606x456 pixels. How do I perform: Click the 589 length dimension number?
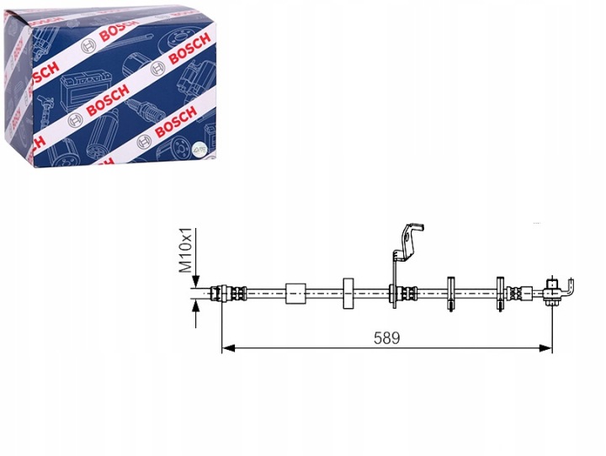tap(386, 338)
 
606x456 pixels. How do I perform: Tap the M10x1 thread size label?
tap(185, 250)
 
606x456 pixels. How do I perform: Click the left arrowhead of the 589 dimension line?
tap(228, 348)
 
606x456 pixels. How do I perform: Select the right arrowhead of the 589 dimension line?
tap(545, 348)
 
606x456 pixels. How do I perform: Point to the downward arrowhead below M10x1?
tap(196, 280)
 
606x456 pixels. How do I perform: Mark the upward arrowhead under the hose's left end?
tap(196, 306)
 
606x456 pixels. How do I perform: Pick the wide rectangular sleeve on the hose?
tap(295, 294)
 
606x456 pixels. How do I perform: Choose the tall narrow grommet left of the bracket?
tap(349, 294)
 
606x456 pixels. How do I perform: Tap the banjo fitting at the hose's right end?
tap(552, 293)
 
